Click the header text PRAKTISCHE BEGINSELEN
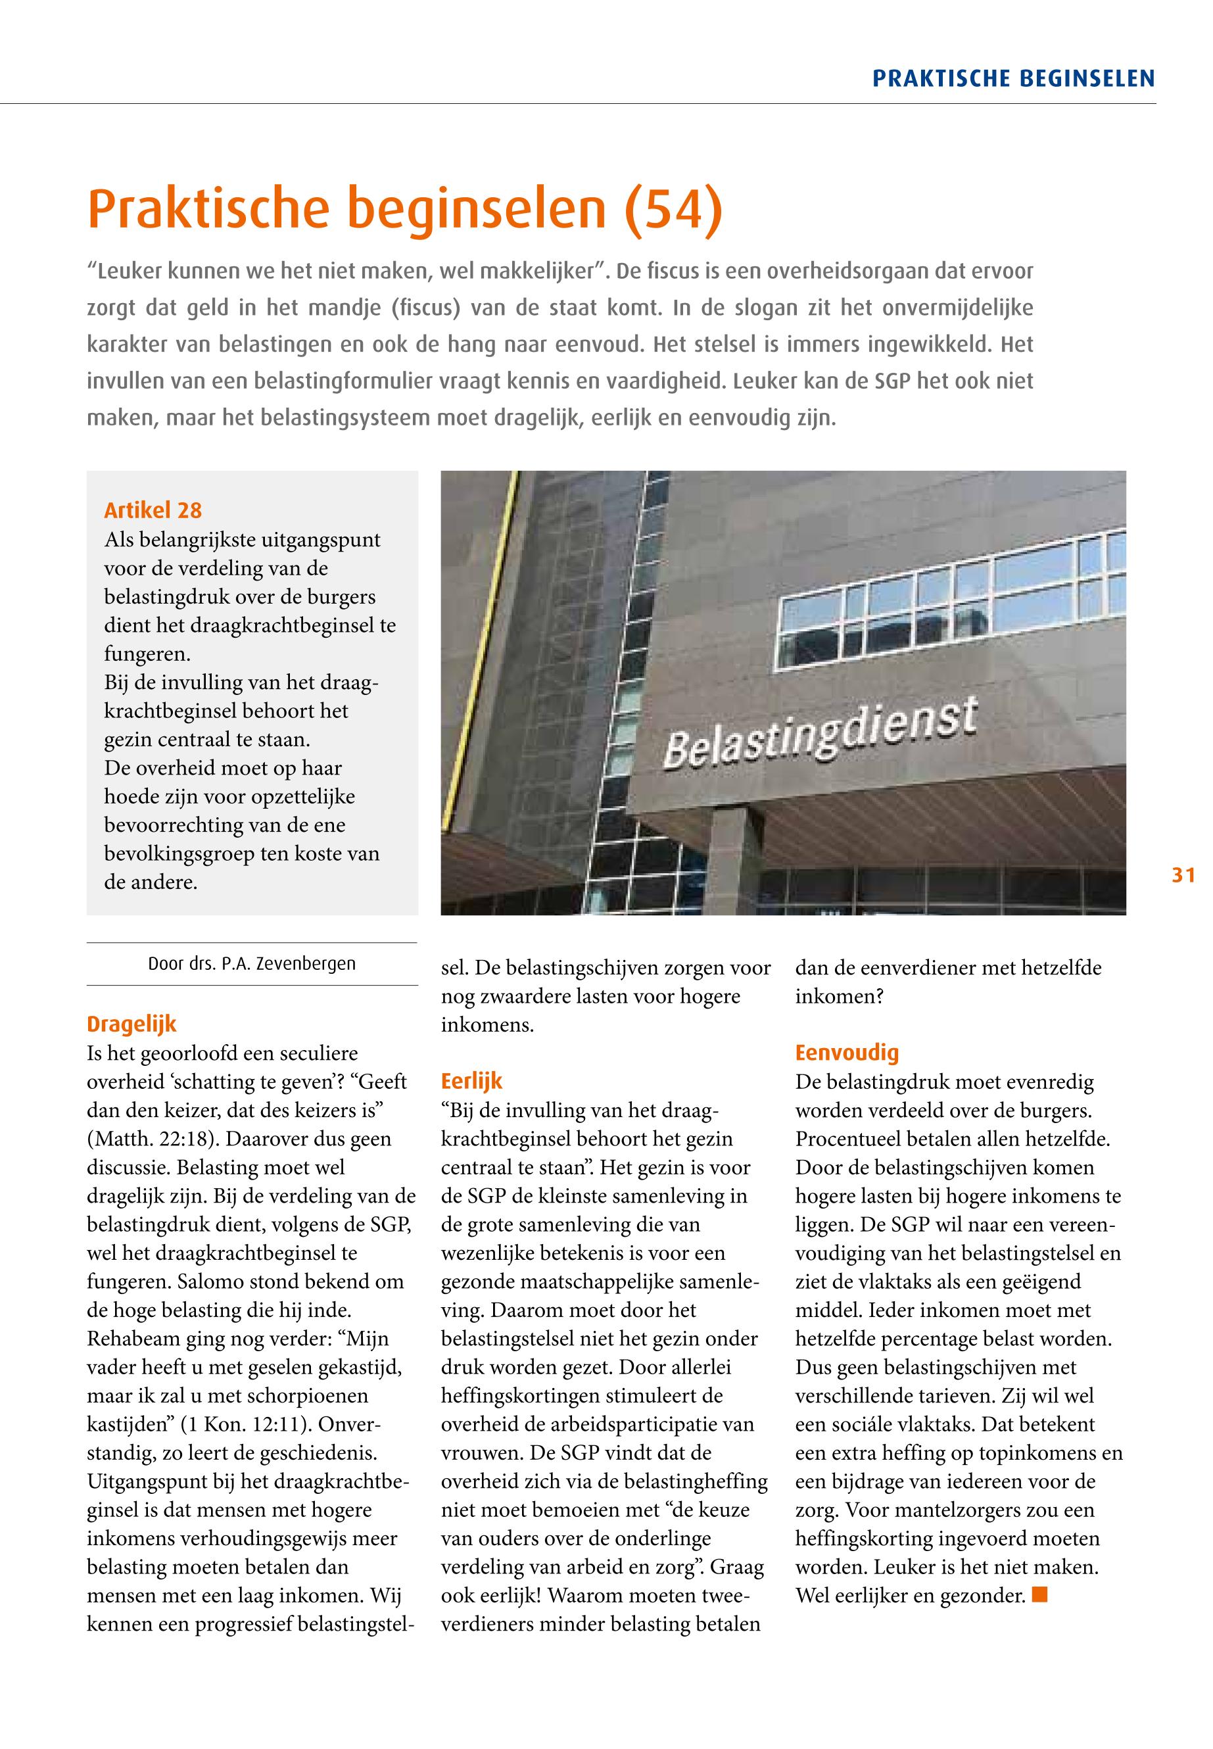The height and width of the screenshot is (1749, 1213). click(1013, 79)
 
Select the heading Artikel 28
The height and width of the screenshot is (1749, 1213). click(153, 510)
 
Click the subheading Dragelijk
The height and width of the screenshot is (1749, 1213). click(131, 1024)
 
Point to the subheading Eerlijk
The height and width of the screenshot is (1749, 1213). click(471, 1081)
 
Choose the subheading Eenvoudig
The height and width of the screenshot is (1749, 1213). click(847, 1053)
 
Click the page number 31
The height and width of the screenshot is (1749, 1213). click(1183, 876)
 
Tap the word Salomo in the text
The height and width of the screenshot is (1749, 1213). click(206, 1282)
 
